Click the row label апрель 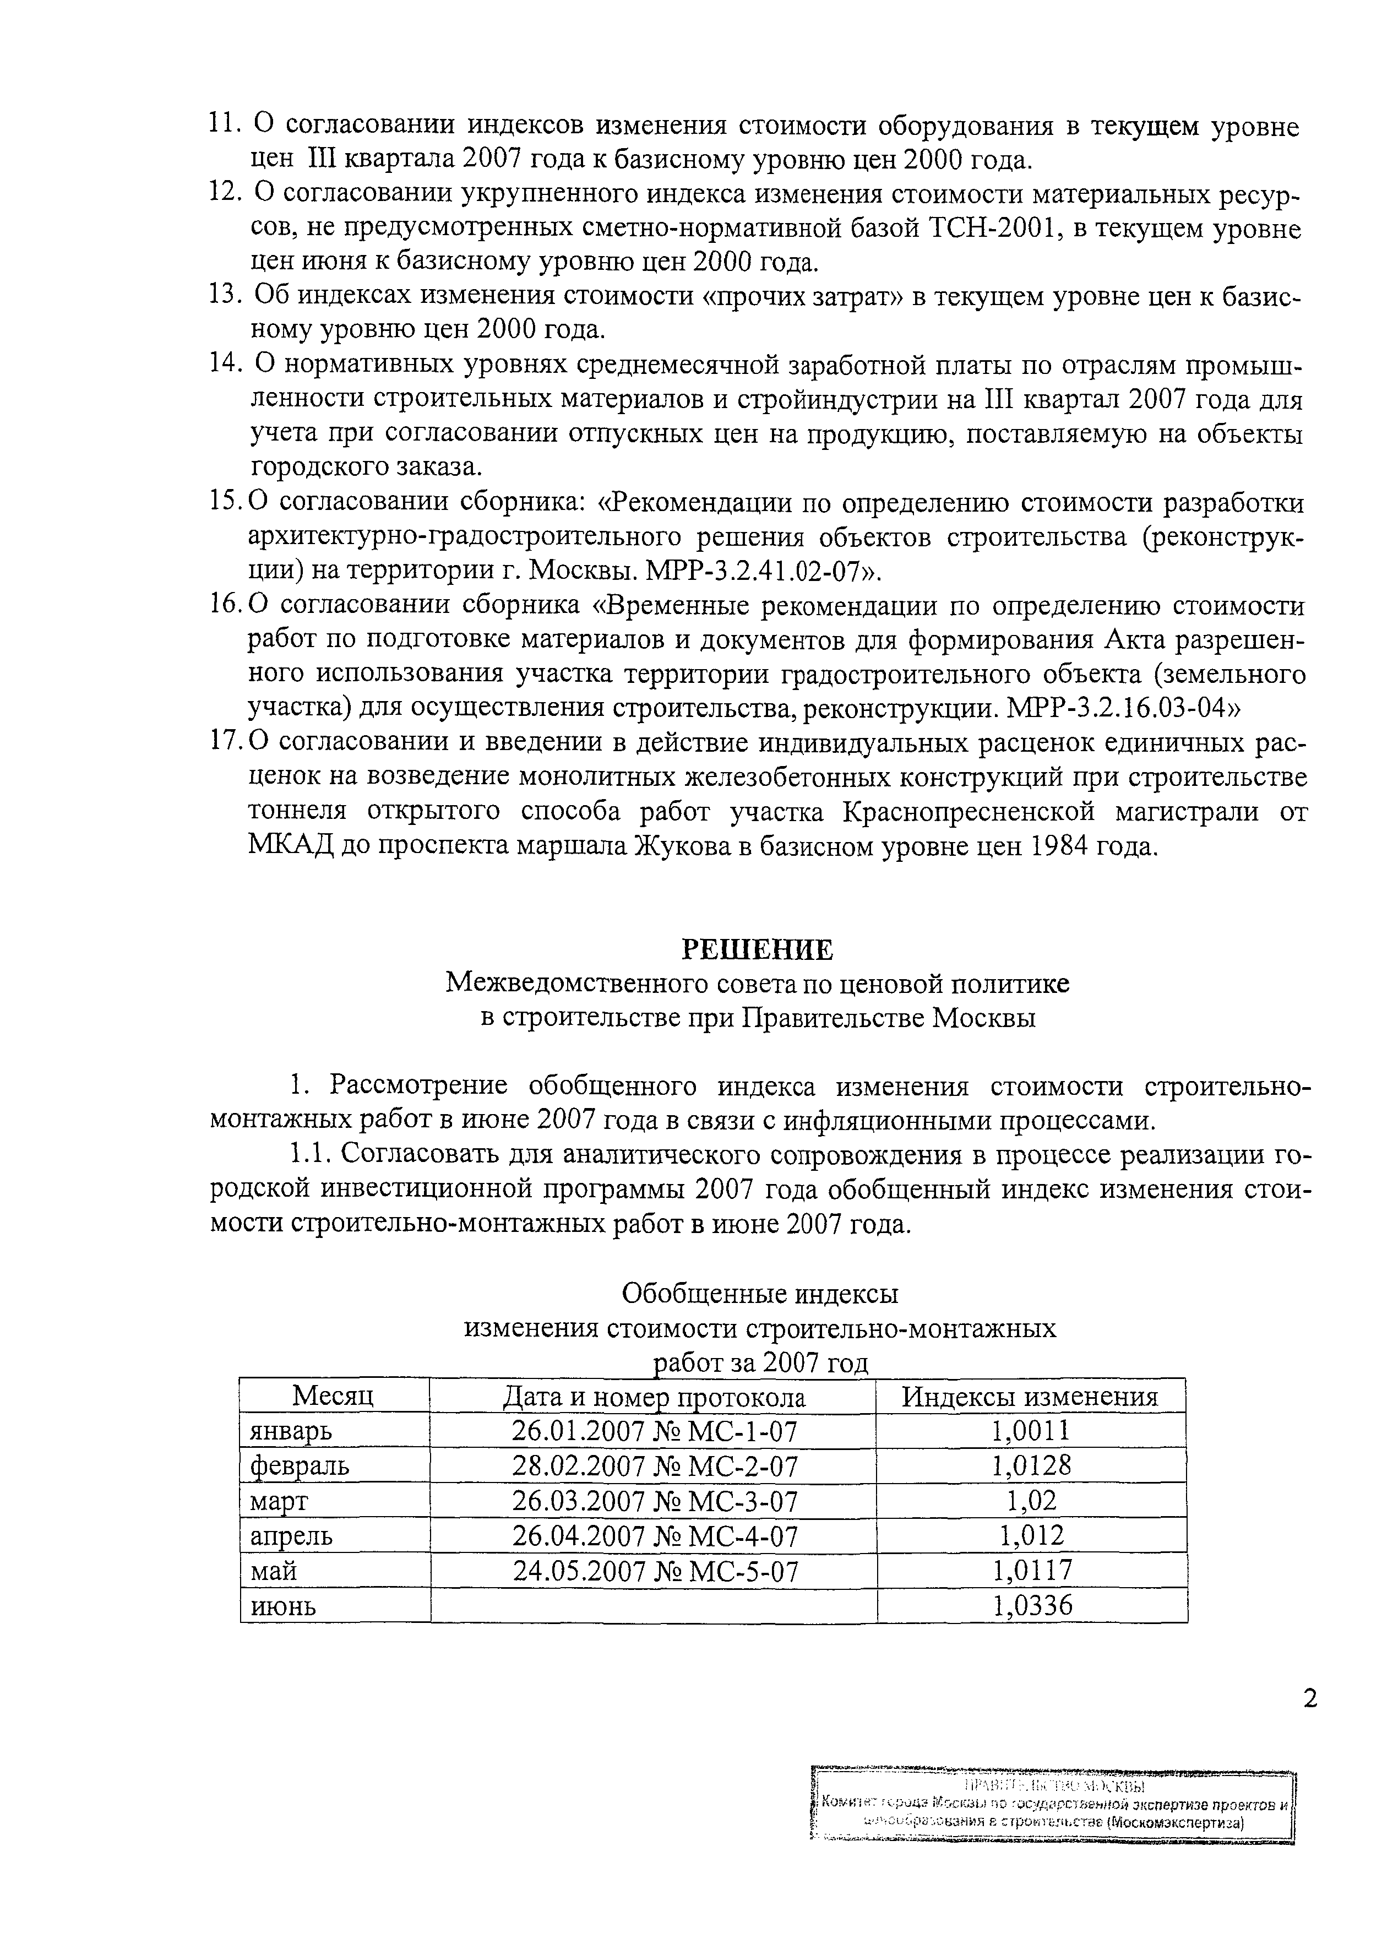[x=291, y=1535]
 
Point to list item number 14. [x=226, y=364]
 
